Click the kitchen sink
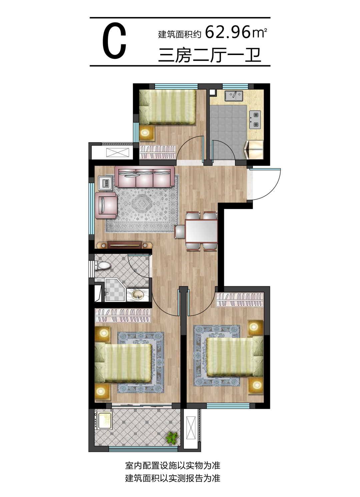click(x=234, y=96)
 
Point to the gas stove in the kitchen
click(x=255, y=120)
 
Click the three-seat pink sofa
click(x=145, y=177)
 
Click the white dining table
click(x=201, y=231)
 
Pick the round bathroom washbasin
click(x=138, y=295)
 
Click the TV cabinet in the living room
click(x=125, y=245)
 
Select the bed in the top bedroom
click(x=167, y=107)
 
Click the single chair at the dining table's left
click(x=180, y=232)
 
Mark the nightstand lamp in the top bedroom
click(x=145, y=133)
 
